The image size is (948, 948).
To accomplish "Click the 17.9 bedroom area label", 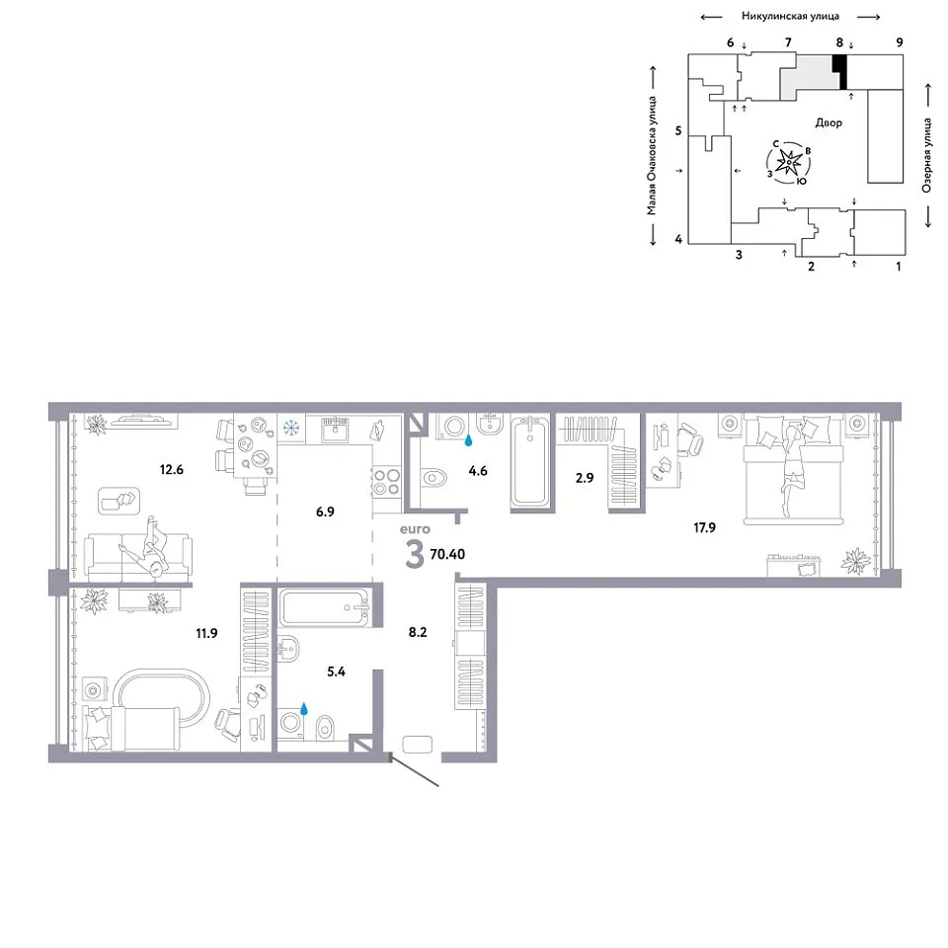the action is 704,527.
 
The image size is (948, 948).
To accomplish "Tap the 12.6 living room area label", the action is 171,470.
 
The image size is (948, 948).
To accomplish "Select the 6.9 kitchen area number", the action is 325,513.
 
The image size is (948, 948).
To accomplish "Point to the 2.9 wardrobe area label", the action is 585,478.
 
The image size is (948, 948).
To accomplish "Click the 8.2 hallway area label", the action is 418,632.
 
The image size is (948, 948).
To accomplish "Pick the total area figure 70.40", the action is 447,554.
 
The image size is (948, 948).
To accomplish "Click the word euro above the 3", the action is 415,529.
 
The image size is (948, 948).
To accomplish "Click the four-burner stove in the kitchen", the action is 386,482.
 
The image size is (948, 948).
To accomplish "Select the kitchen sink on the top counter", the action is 335,429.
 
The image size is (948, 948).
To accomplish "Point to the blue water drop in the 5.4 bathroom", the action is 304,709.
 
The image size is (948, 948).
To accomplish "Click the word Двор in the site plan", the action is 829,122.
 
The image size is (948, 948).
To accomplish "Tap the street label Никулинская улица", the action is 790,17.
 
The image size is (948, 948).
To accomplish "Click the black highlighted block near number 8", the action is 839,72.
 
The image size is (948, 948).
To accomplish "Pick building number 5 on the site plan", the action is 678,130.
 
